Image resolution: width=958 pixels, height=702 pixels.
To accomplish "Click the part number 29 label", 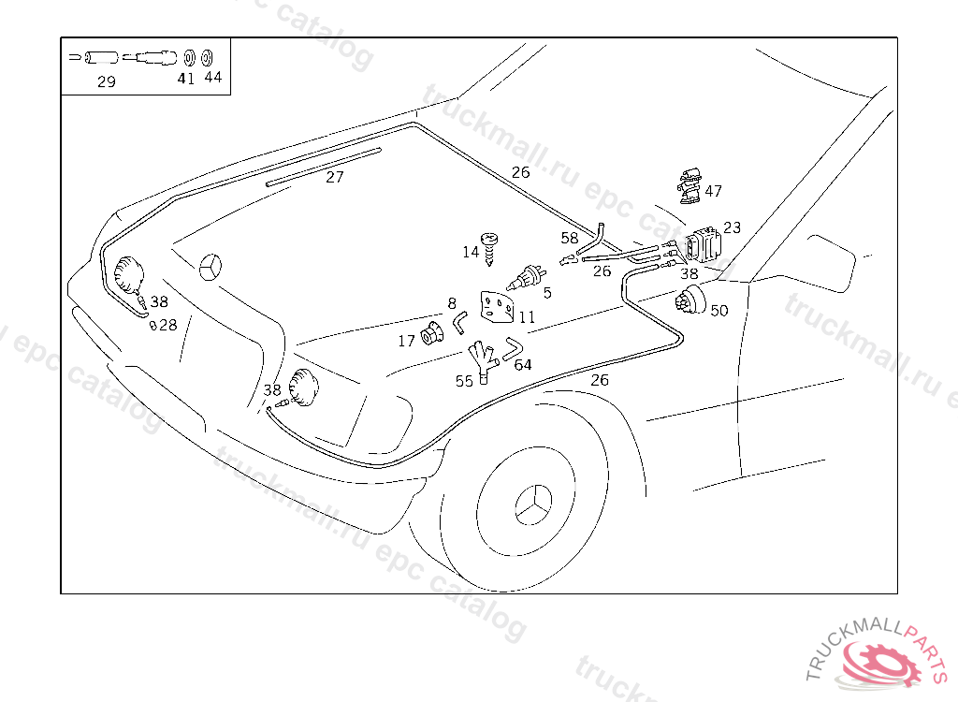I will point(107,82).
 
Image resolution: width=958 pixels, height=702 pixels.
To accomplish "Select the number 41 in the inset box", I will point(186,80).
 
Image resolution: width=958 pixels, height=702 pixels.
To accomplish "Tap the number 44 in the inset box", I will point(213,78).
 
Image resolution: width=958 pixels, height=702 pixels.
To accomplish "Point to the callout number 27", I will point(335,177).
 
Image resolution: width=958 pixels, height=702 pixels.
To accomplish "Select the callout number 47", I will point(714,192).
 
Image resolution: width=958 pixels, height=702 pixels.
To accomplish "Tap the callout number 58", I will point(570,239).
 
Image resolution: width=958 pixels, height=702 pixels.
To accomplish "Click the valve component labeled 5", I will point(526,278).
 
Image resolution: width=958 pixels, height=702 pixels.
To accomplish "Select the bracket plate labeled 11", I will point(497,305).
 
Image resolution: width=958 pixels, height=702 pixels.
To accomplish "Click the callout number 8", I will point(452,303).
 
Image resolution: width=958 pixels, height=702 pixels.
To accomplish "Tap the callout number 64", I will point(523,365).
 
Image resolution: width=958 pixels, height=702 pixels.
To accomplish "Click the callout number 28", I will point(167,326).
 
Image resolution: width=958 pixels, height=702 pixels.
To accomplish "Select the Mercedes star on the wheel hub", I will point(534,506).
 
